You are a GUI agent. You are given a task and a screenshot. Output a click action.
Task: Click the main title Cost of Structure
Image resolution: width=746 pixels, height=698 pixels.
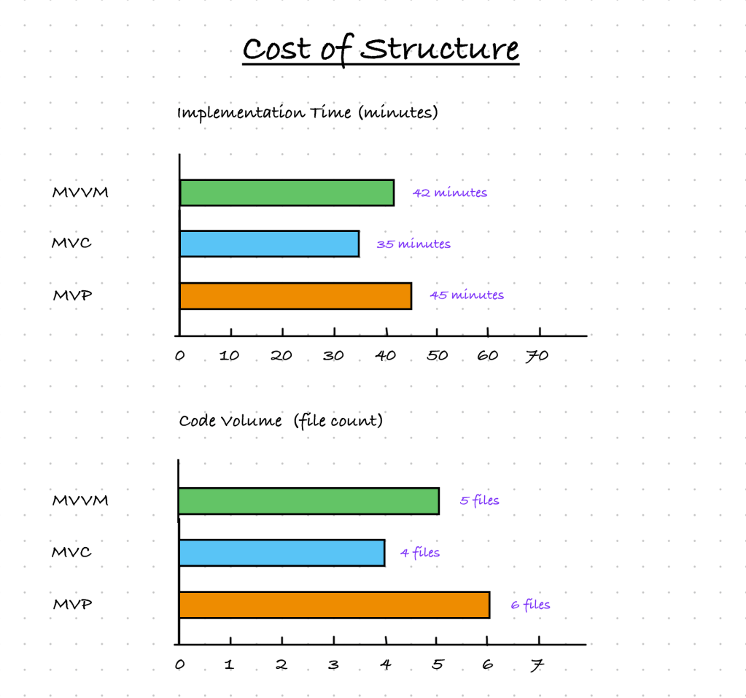[381, 50]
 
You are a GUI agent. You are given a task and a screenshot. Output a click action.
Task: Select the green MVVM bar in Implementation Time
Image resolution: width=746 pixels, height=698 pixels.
[287, 193]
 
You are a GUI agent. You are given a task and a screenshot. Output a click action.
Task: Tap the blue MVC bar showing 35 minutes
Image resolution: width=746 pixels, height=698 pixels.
[269, 244]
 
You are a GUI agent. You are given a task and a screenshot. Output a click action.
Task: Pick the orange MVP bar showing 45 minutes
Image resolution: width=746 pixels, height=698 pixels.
[295, 295]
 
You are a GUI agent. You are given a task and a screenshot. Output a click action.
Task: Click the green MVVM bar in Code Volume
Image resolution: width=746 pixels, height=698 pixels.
[308, 501]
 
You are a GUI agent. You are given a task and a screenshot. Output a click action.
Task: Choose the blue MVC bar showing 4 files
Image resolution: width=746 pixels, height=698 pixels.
[281, 553]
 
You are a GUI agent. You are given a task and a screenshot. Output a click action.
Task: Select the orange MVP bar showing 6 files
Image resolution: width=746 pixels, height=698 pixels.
[334, 605]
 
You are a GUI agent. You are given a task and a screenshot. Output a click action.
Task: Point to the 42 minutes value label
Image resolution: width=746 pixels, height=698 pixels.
[450, 193]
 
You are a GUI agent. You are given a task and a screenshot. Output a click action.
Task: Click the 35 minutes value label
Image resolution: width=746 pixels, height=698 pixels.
[413, 244]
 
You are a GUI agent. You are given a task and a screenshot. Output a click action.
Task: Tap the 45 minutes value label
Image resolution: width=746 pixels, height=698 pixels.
[467, 295]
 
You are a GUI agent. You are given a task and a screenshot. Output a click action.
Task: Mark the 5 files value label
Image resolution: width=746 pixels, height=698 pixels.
[480, 500]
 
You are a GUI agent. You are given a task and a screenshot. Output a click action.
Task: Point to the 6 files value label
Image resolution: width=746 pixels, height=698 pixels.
[531, 604]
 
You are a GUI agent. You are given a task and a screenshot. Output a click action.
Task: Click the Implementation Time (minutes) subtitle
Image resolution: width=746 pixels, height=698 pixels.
[307, 113]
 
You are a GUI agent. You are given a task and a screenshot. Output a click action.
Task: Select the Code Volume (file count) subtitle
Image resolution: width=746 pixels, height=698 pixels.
[281, 421]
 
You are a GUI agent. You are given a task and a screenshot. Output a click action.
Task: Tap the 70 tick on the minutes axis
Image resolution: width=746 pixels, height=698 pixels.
[537, 355]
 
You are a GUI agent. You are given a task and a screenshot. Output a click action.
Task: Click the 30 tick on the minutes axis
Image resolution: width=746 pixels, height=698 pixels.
[333, 355]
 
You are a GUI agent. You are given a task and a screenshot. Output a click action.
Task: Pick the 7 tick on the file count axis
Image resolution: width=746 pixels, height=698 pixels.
[538, 664]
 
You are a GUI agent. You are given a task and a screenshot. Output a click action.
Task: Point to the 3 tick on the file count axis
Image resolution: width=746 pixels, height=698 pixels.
[333, 664]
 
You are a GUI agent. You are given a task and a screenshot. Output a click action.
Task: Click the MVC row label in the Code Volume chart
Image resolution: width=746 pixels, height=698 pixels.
[71, 552]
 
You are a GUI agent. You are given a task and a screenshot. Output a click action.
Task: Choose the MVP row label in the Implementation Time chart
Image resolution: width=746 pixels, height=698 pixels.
[72, 295]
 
